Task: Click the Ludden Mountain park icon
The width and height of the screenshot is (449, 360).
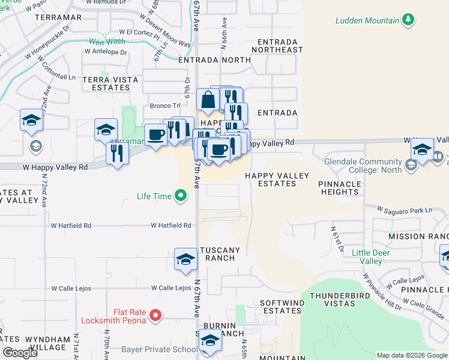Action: pyautogui.click(x=409, y=20)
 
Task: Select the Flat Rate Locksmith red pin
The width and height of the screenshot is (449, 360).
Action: pyautogui.click(x=155, y=314)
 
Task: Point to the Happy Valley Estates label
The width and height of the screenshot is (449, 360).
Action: pyautogui.click(x=277, y=179)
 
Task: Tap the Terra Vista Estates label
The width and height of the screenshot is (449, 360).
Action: pyautogui.click(x=110, y=83)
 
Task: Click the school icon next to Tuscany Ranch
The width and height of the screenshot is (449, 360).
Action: pyautogui.click(x=185, y=259)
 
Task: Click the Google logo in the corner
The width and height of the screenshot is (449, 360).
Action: pyautogui.click(x=20, y=353)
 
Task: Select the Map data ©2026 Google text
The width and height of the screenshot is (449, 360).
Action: pyautogui.click(x=412, y=355)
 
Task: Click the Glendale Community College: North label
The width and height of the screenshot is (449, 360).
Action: pyautogui.click(x=363, y=166)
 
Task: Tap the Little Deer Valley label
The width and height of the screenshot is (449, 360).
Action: pyautogui.click(x=367, y=257)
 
